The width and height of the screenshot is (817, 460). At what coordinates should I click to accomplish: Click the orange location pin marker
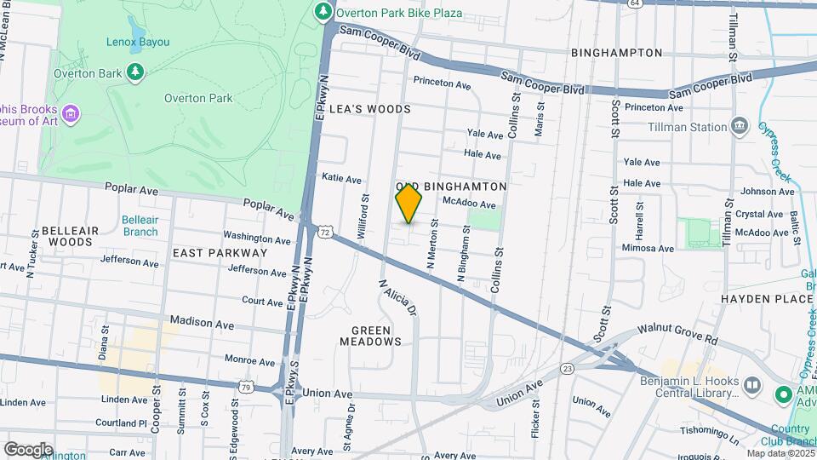(x=408, y=203)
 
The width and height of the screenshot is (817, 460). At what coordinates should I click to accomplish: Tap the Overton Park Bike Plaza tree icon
(x=323, y=11)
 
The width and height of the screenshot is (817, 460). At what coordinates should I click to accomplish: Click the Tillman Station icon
(x=740, y=127)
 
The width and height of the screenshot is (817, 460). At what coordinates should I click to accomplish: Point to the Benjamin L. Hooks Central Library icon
(x=751, y=385)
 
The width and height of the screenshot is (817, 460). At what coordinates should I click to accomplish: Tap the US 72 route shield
(x=325, y=231)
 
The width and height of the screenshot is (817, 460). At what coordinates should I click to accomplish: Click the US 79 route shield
(x=245, y=387)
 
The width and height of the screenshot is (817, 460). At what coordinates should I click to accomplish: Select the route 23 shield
(x=568, y=368)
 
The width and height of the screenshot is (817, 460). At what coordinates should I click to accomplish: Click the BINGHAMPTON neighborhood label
(x=616, y=53)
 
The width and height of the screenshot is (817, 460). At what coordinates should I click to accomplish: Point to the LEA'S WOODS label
(x=375, y=109)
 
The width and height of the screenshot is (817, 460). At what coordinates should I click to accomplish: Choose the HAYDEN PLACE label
(x=767, y=300)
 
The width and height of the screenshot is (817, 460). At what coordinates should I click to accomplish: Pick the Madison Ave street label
(x=202, y=323)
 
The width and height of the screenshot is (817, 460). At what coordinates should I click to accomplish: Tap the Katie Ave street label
(x=342, y=179)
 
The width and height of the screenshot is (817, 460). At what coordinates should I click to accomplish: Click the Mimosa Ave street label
(x=648, y=249)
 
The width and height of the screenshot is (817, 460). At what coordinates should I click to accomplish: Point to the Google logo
(x=28, y=449)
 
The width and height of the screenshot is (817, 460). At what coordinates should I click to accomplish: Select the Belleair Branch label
(x=139, y=225)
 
